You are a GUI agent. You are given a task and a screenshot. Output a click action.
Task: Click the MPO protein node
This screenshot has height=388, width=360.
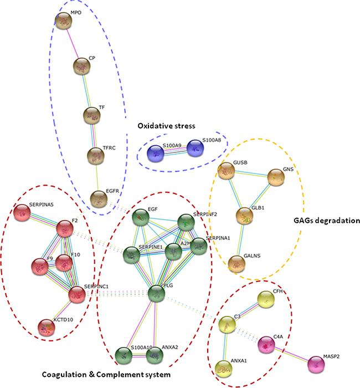64,22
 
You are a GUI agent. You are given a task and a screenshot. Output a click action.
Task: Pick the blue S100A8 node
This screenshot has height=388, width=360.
196,149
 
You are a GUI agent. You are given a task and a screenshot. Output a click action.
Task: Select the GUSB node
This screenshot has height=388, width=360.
227,172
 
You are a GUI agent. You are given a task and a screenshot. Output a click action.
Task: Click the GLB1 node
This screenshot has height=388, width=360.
245,217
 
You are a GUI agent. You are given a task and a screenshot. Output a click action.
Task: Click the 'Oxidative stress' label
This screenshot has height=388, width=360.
166,126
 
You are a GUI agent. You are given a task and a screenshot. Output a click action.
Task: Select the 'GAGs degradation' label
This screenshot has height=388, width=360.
326,221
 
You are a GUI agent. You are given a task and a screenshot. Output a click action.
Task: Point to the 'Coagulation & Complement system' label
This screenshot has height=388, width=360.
106,375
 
